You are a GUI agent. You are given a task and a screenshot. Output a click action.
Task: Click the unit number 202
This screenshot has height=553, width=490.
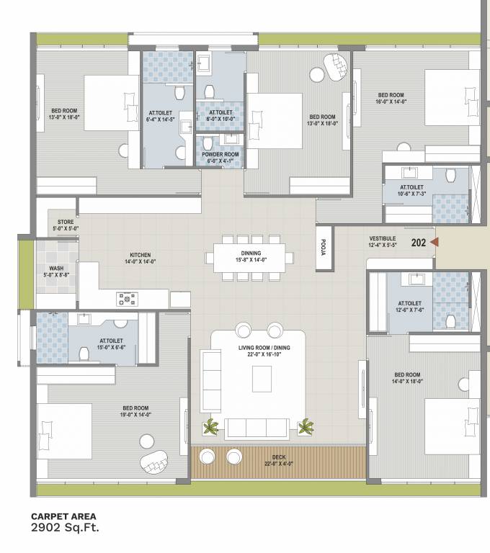[x=419, y=243]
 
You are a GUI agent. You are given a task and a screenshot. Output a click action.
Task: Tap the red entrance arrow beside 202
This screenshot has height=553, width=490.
[x=434, y=243]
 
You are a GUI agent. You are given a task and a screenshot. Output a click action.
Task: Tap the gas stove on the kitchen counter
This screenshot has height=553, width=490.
[x=128, y=298]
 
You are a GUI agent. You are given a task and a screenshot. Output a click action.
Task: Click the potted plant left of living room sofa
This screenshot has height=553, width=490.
[x=210, y=427]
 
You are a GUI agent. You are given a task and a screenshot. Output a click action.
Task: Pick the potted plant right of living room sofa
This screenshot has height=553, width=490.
[x=306, y=427]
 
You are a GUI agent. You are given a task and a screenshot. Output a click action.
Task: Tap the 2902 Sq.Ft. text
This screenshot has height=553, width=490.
[x=64, y=527]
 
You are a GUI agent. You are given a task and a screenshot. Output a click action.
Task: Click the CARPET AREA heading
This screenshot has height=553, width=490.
[x=63, y=516]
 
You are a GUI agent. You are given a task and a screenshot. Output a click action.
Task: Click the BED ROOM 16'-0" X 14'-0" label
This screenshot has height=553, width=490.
[x=391, y=99]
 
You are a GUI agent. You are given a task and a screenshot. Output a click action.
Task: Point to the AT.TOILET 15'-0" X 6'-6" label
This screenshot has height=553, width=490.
[x=111, y=343]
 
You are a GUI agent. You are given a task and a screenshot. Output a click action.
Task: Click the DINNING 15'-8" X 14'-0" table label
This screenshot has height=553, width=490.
[x=250, y=257]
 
